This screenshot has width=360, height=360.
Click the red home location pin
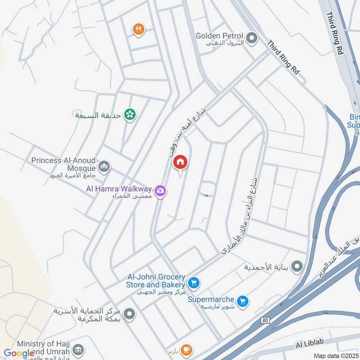[180, 162]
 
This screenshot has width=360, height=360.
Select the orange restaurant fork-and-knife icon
[138, 30]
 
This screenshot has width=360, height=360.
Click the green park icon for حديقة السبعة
[130, 115]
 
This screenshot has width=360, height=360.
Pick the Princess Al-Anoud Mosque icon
[104, 167]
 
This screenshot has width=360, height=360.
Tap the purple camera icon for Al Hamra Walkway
[160, 192]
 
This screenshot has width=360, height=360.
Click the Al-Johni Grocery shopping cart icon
[194, 283]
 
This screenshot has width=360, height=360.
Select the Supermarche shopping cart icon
[243, 301]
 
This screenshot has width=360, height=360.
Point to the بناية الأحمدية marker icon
[297, 267]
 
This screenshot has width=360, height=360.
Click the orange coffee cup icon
[186, 349]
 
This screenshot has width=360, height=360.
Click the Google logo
[19, 353]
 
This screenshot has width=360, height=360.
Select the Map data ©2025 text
[335, 355]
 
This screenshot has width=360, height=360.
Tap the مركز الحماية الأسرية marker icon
[130, 314]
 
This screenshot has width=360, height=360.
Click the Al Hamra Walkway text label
[119, 189]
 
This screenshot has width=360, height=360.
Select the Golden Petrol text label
[219, 36]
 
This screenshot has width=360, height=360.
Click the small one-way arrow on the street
[206, 195]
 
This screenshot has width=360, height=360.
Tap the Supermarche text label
[211, 299]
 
